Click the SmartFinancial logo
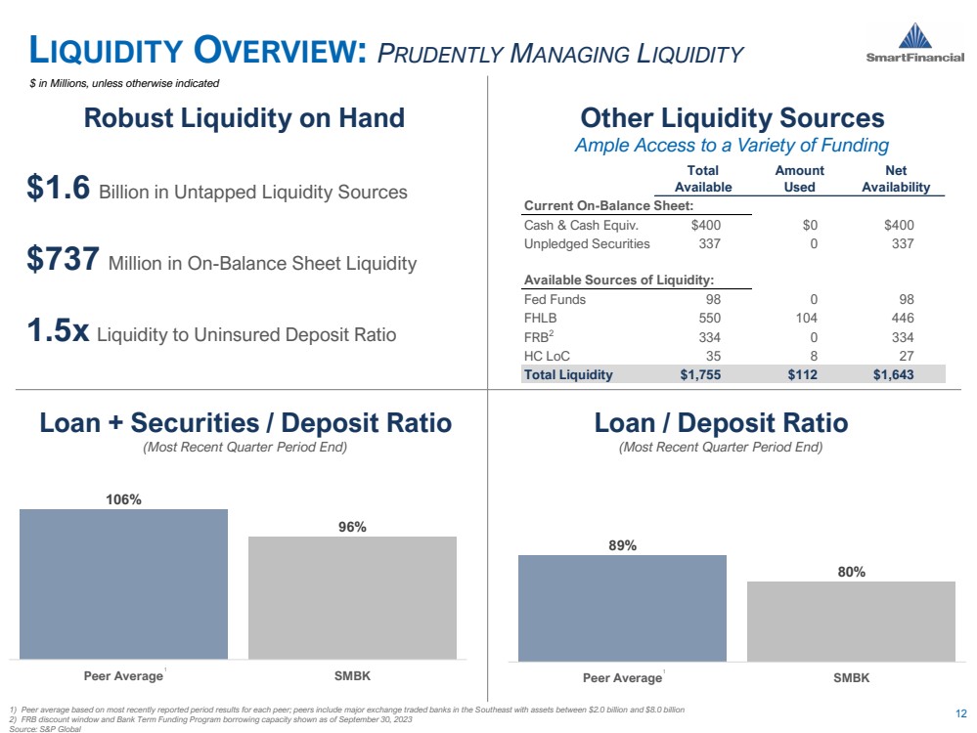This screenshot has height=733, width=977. [x=914, y=44]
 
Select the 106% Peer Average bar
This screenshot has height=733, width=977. [x=123, y=583]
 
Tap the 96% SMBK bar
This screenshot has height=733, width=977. [x=352, y=597]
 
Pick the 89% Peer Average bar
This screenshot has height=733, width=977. [x=622, y=607]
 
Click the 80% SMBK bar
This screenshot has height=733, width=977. [x=851, y=621]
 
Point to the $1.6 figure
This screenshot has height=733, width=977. [x=60, y=190]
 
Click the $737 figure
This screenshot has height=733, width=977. [x=65, y=261]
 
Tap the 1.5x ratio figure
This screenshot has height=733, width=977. [x=59, y=332]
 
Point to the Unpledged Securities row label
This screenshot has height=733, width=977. [x=587, y=243]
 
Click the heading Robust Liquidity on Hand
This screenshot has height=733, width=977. [x=244, y=118]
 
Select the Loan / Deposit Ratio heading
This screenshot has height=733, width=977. [x=721, y=423]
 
